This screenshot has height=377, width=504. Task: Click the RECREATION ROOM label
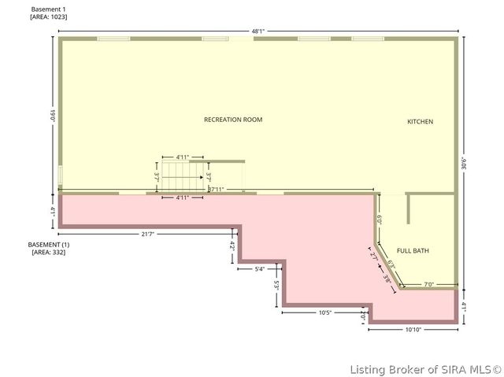click(x=233, y=120)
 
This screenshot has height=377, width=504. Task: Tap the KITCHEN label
click(x=420, y=122)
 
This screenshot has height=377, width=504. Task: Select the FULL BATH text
click(x=413, y=250)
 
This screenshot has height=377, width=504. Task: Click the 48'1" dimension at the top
click(x=258, y=31)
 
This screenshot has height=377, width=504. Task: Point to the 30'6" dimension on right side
click(x=465, y=162)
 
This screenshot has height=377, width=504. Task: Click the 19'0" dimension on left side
click(x=53, y=115)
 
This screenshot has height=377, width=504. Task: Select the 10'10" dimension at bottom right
click(x=414, y=329)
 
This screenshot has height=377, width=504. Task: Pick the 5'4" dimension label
click(x=260, y=269)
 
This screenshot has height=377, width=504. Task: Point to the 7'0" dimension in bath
click(x=429, y=284)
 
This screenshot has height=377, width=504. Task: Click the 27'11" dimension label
click(x=217, y=190)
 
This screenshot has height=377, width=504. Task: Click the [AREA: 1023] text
click(x=49, y=17)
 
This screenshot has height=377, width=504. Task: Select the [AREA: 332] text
click(x=49, y=253)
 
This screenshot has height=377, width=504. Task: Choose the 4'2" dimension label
click(x=232, y=246)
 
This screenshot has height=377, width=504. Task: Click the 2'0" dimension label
click(x=363, y=314)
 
